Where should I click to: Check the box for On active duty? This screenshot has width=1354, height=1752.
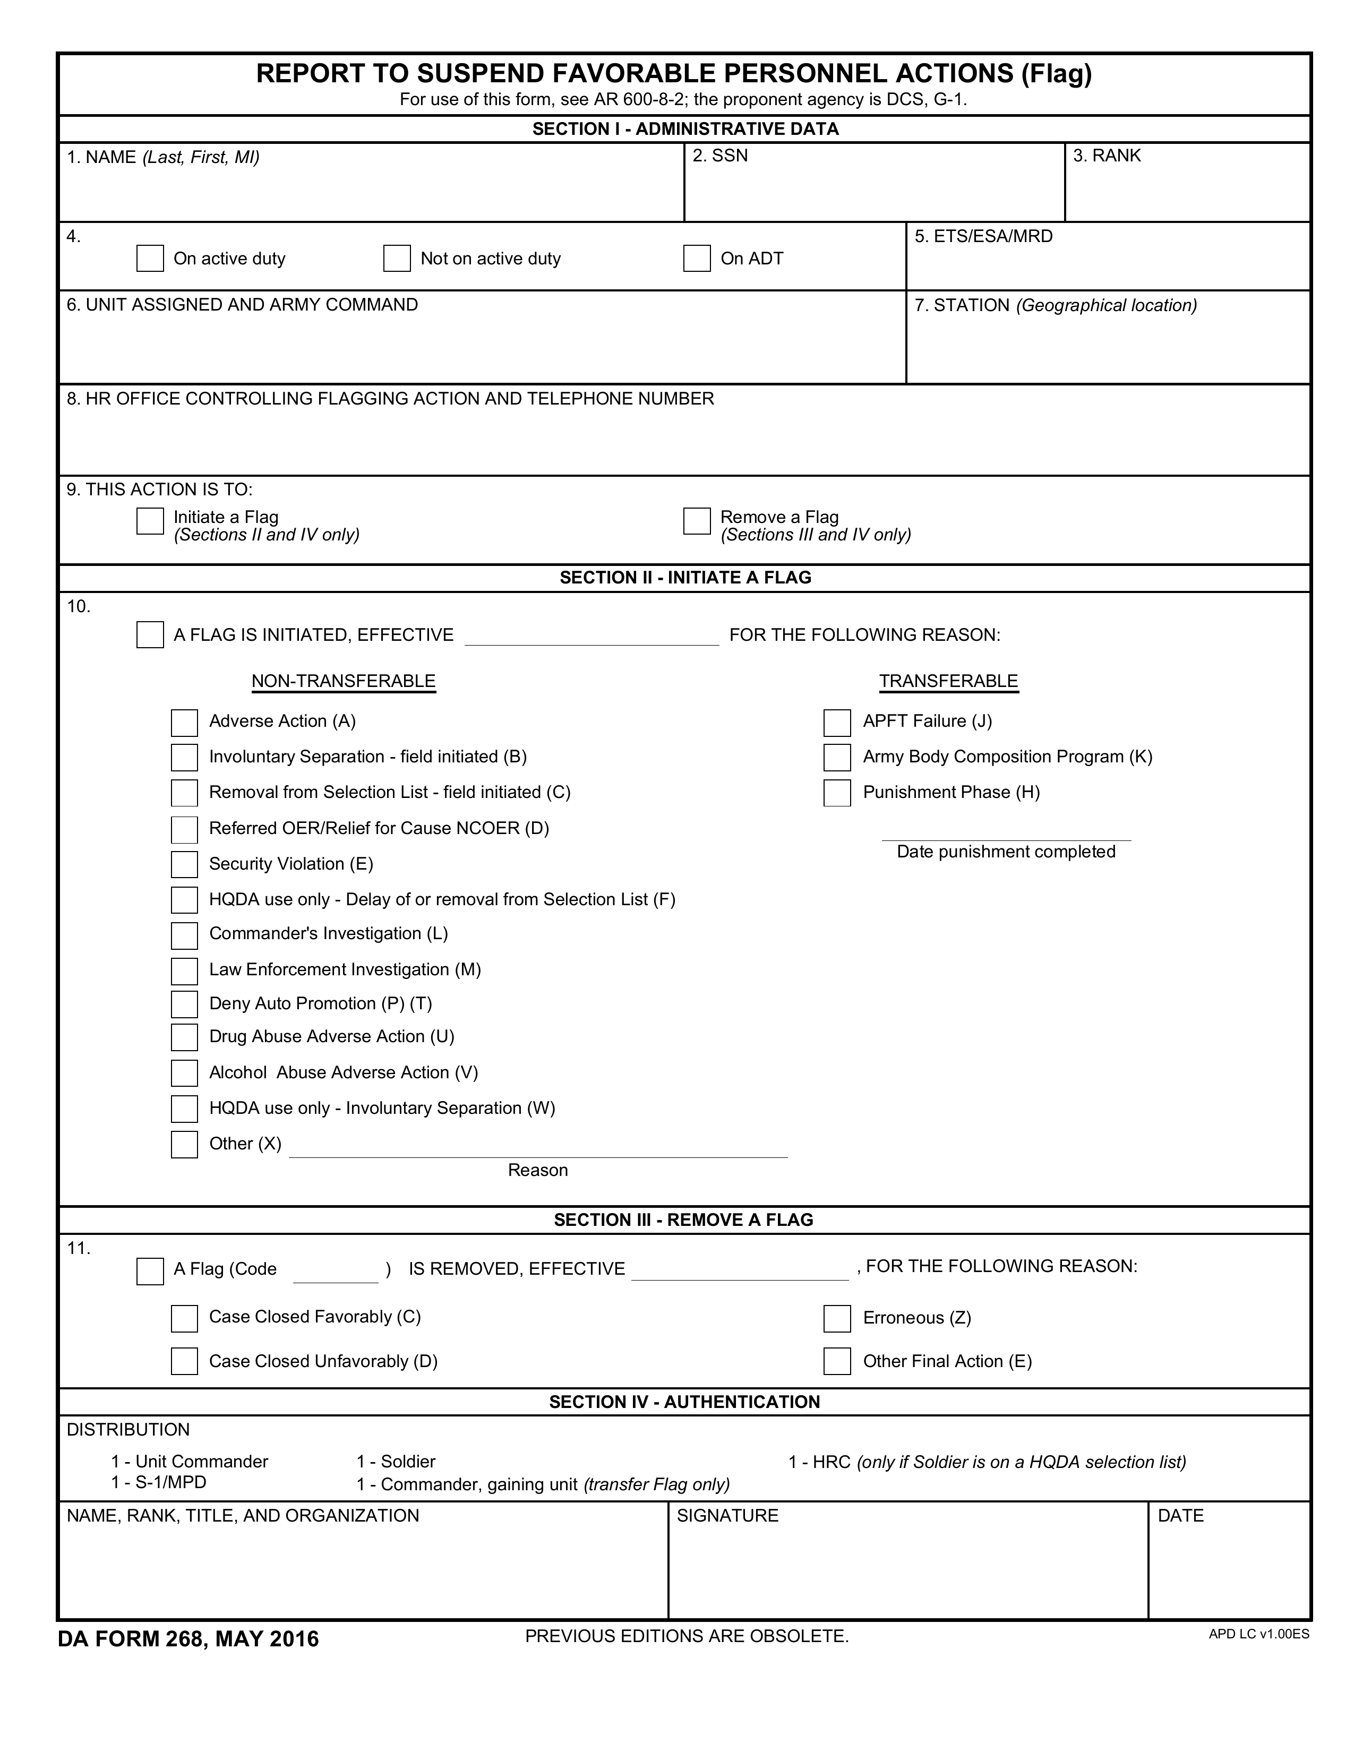click(x=150, y=259)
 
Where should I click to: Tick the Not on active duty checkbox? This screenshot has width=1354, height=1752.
click(x=397, y=259)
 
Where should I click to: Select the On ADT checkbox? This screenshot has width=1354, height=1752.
click(x=697, y=259)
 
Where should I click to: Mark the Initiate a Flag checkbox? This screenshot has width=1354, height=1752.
click(x=150, y=521)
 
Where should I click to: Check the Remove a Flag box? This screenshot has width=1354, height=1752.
click(x=697, y=521)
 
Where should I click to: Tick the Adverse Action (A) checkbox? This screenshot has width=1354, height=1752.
click(x=184, y=723)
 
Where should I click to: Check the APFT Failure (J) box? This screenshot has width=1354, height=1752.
click(x=837, y=723)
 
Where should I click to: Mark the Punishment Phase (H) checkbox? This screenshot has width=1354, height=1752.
click(x=837, y=793)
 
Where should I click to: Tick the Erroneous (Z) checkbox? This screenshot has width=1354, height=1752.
click(x=837, y=1319)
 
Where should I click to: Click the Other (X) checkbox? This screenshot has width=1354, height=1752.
click(x=184, y=1145)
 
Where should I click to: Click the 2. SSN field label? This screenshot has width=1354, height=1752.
click(x=721, y=156)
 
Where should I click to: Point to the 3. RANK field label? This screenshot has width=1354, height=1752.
click(x=1107, y=156)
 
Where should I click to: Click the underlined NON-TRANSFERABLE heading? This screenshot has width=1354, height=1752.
click(x=344, y=681)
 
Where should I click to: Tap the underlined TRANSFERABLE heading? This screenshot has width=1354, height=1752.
click(x=948, y=681)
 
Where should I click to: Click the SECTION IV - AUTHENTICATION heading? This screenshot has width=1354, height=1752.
click(x=684, y=1402)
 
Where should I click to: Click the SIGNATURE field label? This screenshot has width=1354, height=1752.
click(x=727, y=1515)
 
